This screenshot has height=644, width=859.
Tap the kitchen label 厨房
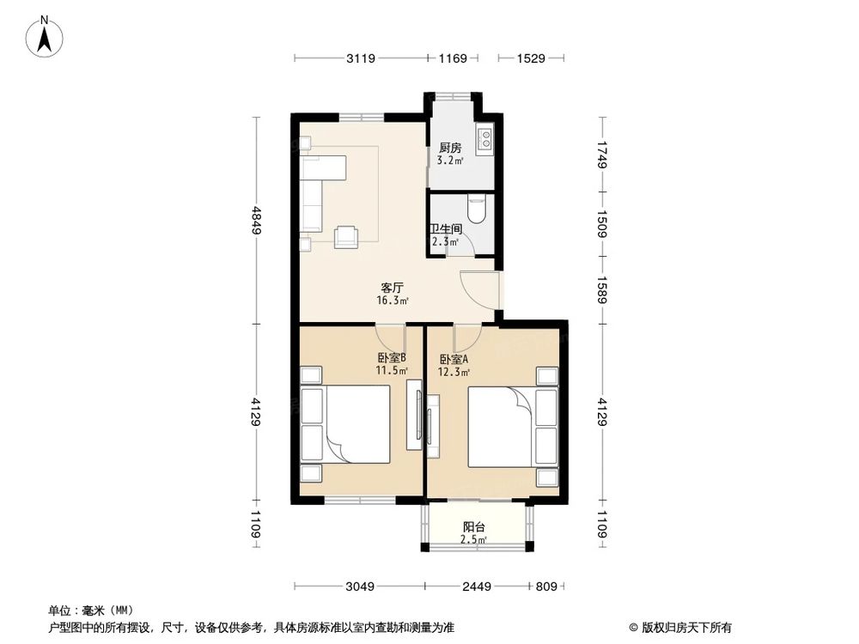coord(450,148)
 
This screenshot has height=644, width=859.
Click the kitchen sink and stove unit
coord(485,139)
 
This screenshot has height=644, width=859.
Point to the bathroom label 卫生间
coord(446,229)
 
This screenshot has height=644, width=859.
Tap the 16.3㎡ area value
coord(393,301)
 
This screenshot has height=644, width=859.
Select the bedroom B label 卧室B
coord(391,358)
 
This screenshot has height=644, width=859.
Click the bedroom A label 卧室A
coord(454,360)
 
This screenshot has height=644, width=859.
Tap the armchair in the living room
coord(347,234)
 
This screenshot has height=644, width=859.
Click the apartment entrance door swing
coord(478,288)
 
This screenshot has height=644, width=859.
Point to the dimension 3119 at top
coord(361,58)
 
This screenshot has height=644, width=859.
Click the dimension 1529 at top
coord(532,58)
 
